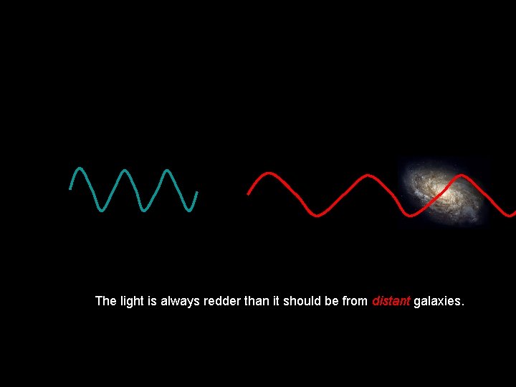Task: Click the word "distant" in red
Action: [391, 301]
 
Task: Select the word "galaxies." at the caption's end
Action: [439, 302]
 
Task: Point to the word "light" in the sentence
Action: [131, 301]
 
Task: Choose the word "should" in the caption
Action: [302, 301]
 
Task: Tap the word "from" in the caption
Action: [355, 301]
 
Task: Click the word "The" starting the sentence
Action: [105, 301]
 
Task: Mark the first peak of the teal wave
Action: [79, 170]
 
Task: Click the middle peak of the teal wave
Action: [125, 171]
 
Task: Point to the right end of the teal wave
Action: [197, 192]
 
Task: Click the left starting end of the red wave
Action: [249, 193]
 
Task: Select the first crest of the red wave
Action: [269, 174]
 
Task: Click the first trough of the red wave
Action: [317, 214]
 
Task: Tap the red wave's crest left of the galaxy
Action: [367, 176]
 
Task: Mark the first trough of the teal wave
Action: [102, 209]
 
